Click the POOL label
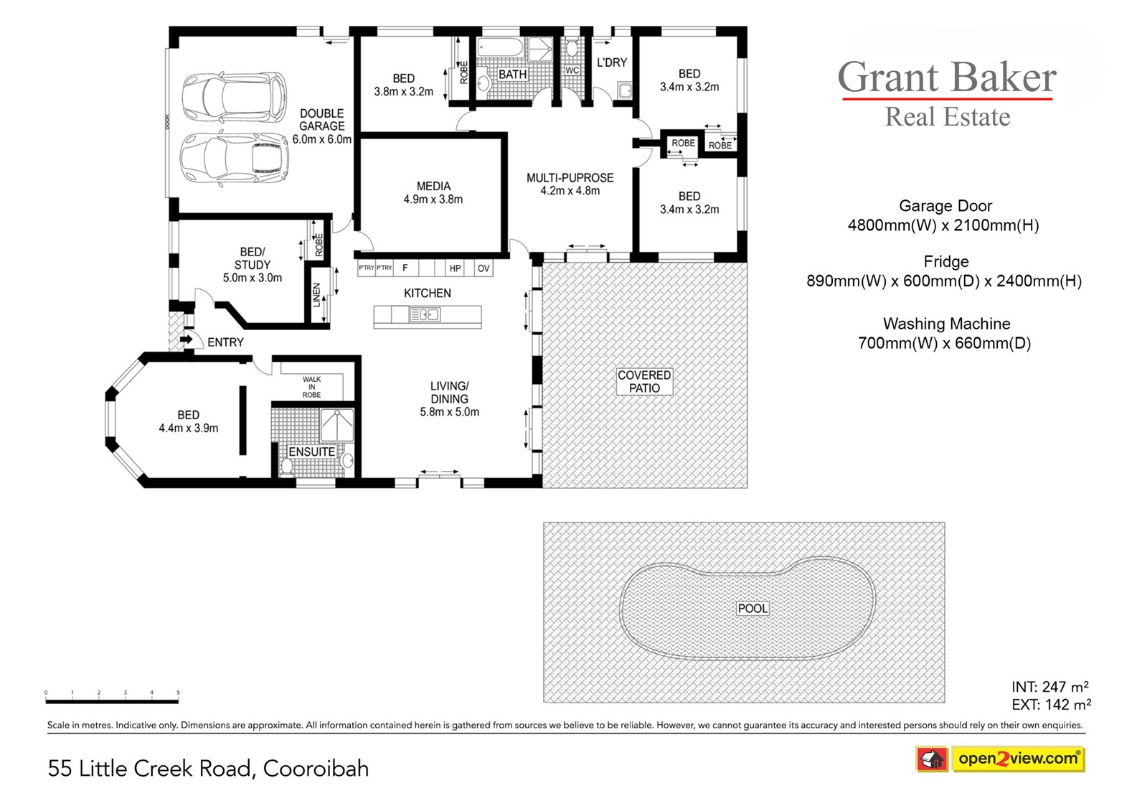pyautogui.click(x=753, y=609)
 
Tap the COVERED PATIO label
pyautogui.click(x=644, y=382)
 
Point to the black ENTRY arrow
pyautogui.click(x=186, y=339)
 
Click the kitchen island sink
pyautogui.click(x=425, y=314)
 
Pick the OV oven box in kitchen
pyautogui.click(x=484, y=268)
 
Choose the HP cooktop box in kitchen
pyautogui.click(x=455, y=268)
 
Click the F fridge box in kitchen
pyautogui.click(x=405, y=268)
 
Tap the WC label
pyautogui.click(x=572, y=70)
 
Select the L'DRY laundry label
pyautogui.click(x=611, y=62)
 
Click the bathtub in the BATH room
pyautogui.click(x=500, y=48)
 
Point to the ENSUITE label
pyautogui.click(x=312, y=451)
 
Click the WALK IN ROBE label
pyautogui.click(x=312, y=387)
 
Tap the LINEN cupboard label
pyautogui.click(x=317, y=295)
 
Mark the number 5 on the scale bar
pyautogui.click(x=178, y=693)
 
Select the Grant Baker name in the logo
pyautogui.click(x=947, y=77)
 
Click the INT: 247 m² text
pyautogui.click(x=1050, y=687)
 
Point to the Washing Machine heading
pyautogui.click(x=946, y=324)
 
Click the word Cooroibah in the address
pyautogui.click(x=316, y=769)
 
